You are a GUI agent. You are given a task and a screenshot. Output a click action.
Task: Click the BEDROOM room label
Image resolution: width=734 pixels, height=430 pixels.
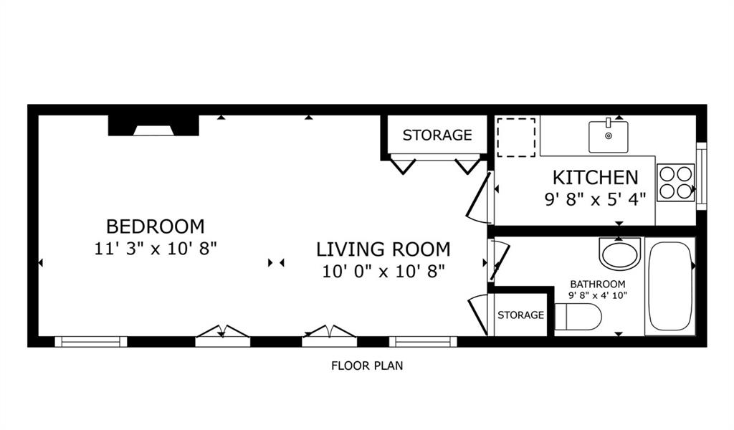(156, 226)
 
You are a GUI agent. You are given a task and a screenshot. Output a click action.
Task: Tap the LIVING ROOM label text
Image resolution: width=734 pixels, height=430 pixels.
(383, 249)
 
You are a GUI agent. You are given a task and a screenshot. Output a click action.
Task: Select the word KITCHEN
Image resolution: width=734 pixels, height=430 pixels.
(596, 178)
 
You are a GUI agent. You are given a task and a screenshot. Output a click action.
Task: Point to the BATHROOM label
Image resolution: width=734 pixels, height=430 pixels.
(598, 284)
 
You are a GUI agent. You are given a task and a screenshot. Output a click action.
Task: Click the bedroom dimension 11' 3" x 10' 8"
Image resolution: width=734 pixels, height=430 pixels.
(156, 248)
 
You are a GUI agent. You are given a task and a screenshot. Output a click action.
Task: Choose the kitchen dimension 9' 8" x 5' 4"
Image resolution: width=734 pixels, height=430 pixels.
(596, 199)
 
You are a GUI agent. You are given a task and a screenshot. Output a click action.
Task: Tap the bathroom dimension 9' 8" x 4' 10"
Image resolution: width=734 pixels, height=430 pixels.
(598, 295)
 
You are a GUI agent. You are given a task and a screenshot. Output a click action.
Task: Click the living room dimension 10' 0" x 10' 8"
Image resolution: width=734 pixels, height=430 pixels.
(383, 271)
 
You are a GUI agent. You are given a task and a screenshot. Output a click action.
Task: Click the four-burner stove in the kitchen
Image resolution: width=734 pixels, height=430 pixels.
(675, 183)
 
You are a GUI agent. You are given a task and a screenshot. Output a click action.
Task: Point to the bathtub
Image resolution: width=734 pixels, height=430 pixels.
(670, 287)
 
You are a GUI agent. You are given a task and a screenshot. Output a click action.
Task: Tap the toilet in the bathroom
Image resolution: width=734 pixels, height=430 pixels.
(578, 317)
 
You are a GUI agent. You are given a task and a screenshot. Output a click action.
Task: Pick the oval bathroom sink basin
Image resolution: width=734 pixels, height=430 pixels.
(620, 254)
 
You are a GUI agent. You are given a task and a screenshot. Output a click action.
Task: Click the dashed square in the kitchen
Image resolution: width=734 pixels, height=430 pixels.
(516, 138)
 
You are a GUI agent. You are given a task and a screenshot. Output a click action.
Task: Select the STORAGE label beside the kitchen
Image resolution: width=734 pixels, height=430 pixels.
(437, 135)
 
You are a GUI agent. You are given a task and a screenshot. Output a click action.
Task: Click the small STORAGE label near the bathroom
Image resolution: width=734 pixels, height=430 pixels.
(520, 315)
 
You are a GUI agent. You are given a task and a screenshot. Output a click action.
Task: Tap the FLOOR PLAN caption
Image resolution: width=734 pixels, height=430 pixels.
(367, 366)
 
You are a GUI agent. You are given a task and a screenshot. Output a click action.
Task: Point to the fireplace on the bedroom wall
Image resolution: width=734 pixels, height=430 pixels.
(153, 125)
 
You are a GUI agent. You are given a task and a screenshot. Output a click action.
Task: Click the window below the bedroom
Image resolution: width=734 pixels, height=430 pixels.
(91, 342)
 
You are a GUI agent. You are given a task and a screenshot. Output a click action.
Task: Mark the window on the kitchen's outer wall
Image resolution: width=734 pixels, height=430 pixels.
(701, 176)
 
